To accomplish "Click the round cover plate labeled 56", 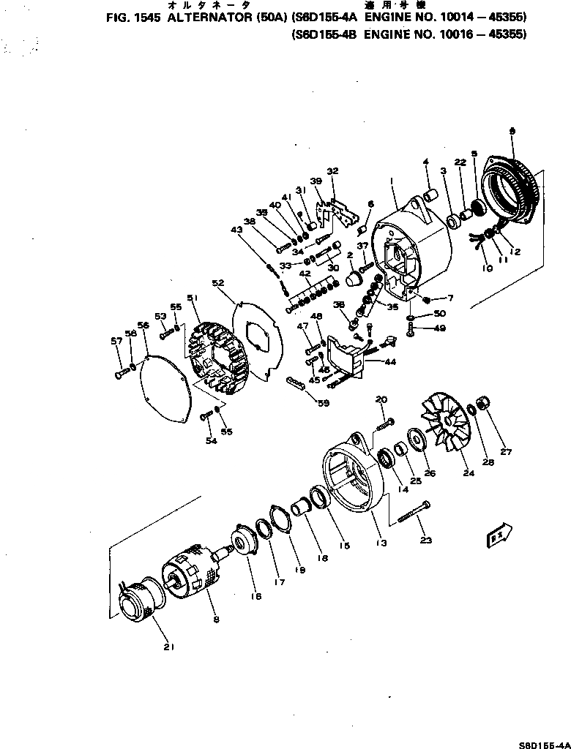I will pos(167,387).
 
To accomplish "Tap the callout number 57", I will pos(116,341).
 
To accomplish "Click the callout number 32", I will pos(333,170).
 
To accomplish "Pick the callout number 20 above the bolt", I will pos(381,399).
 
